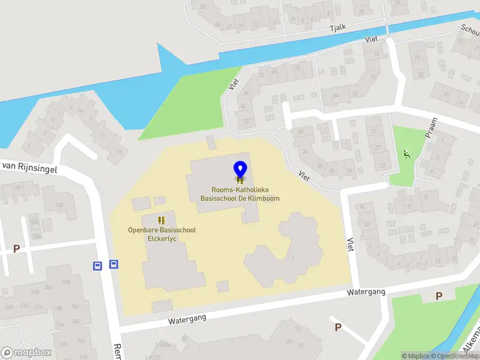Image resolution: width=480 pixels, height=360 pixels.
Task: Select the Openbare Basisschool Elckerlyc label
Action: click(x=162, y=233)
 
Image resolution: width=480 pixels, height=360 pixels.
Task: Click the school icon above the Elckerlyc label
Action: click(x=161, y=220)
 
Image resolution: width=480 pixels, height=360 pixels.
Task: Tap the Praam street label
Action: click(x=431, y=128)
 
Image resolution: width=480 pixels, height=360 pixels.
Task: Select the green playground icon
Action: click(x=407, y=155)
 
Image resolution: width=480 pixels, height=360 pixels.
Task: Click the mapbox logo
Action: click(x=26, y=353)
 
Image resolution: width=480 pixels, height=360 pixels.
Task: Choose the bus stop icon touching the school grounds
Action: click(x=113, y=265)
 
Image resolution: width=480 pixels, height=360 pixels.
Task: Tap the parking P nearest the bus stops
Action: click(x=17, y=248)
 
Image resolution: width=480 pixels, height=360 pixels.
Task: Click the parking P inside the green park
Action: click(x=439, y=295)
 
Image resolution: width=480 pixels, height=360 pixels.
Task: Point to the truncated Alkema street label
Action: click(x=472, y=341)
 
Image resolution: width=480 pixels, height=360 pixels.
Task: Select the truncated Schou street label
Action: click(x=470, y=31)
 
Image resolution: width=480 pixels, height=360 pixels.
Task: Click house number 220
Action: click(x=8, y=306)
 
